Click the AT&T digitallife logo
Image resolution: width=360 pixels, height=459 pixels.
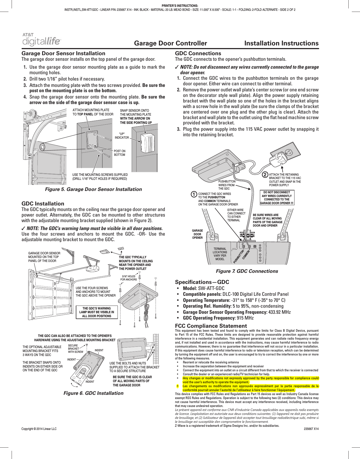[41, 39]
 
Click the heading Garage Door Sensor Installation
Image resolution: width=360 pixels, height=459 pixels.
[63, 53]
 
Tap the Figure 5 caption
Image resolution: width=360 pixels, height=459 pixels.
[93, 189]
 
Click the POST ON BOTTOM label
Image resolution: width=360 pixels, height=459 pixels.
[119, 153]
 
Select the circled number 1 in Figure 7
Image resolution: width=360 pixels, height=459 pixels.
[194, 194]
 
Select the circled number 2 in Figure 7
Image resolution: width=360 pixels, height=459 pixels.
[265, 175]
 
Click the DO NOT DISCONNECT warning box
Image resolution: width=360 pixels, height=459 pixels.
[277, 198]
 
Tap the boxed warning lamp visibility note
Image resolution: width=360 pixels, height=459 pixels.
[97, 312]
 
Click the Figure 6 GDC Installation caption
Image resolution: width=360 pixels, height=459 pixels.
[93, 393]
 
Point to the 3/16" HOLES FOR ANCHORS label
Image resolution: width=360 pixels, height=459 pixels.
[129, 278]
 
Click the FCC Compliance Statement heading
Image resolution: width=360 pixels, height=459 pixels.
[211, 326]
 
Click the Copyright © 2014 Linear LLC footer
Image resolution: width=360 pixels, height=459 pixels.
[39, 429]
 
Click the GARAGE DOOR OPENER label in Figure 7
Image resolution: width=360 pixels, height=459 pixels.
[197, 234]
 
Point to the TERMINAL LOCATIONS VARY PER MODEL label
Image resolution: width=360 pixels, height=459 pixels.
[220, 254]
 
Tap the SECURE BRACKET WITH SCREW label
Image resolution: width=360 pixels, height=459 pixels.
[75, 349]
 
